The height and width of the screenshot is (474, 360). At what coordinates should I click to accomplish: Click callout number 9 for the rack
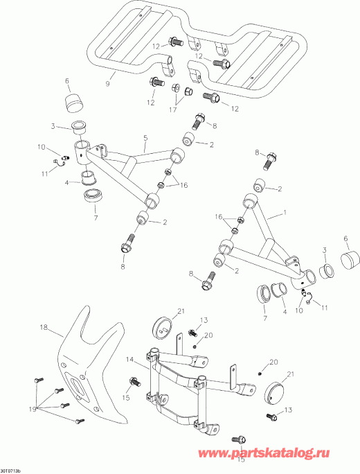point(108,84)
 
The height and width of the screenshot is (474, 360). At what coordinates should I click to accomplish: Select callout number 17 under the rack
point(173,109)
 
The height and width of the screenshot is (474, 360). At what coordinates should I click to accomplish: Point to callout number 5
point(146,138)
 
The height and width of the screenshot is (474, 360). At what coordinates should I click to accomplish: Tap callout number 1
point(285,213)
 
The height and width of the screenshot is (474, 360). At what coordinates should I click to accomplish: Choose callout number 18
point(44,327)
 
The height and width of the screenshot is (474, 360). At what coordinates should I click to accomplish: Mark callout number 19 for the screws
point(33,410)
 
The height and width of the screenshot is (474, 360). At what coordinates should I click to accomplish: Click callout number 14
point(129,360)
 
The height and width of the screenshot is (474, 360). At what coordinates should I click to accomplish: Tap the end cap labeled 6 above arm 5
point(74,104)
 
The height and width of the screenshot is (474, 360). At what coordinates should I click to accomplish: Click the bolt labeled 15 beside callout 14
point(135,381)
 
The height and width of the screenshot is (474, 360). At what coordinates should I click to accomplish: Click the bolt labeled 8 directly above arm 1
point(272,161)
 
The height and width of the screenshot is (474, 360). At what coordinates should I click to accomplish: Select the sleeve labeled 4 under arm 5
point(88,177)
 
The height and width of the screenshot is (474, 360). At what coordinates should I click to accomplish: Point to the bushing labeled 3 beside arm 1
point(327,270)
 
